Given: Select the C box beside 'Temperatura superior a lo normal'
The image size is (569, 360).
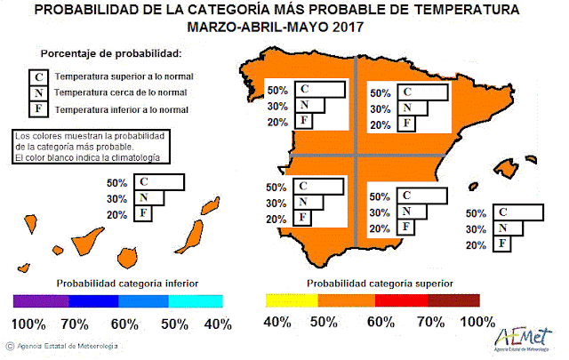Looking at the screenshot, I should [x=38, y=77].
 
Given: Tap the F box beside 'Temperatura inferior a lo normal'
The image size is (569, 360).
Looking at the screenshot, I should [x=38, y=109].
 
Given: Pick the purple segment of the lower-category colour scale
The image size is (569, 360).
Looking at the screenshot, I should [x=40, y=300].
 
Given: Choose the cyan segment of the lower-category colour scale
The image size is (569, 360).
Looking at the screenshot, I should [x=194, y=300].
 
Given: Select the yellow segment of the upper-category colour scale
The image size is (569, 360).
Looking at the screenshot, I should [x=292, y=300].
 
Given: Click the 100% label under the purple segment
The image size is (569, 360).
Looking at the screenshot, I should [x=29, y=323].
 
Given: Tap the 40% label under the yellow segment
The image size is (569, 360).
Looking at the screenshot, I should [x=279, y=323].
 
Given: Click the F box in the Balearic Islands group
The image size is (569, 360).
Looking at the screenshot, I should [x=503, y=244].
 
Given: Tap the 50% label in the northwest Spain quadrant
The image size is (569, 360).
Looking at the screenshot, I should [x=276, y=91].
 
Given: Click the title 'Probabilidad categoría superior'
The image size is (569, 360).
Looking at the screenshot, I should [x=380, y=283].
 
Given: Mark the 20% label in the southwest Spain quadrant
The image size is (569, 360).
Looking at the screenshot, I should [x=276, y=220].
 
